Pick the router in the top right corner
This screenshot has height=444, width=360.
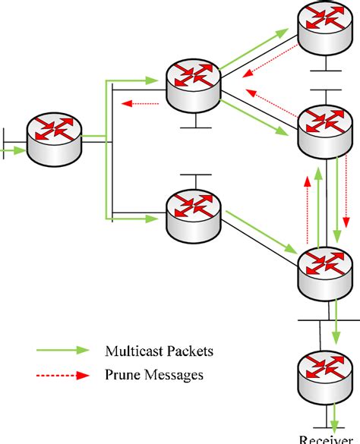click(325, 29)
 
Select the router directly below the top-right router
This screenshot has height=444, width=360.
click(325, 129)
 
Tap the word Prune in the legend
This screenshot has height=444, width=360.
click(122, 374)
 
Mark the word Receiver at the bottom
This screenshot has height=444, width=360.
click(326, 439)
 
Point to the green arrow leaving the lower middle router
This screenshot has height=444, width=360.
click(258, 235)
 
